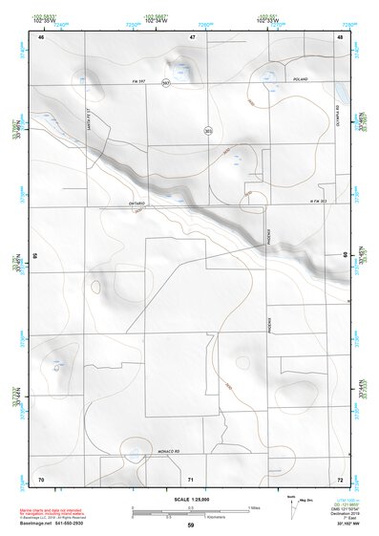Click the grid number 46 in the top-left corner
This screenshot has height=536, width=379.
(41, 37)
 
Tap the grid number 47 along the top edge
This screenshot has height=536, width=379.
(192, 37)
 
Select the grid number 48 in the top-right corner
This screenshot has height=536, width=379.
(340, 37)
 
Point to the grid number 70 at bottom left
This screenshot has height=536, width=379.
(41, 478)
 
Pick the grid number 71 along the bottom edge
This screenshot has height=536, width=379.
(191, 478)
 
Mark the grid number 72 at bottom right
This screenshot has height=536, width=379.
(340, 478)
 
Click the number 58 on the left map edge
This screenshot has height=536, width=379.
(35, 256)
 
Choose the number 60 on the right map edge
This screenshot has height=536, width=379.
(346, 255)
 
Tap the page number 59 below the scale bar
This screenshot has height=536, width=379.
(191, 525)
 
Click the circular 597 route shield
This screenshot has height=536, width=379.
(166, 83)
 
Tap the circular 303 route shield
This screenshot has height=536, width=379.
(207, 130)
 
